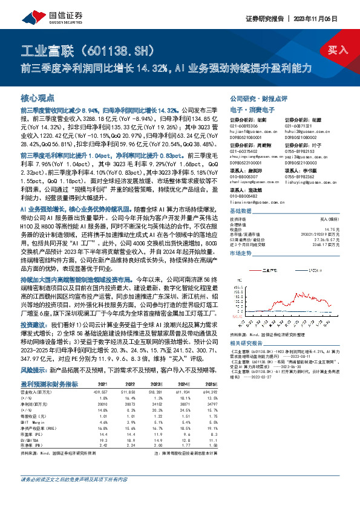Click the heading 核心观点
38,97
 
